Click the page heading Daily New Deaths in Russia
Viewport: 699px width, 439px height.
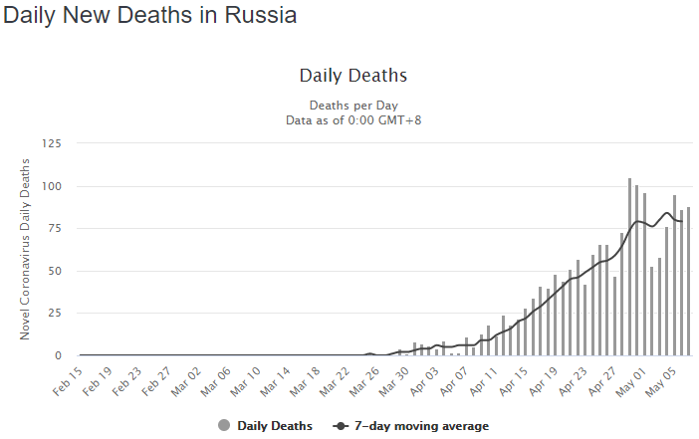pos(150,17)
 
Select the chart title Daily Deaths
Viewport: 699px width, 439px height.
pos(352,76)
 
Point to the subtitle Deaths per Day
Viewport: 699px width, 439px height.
pos(352,105)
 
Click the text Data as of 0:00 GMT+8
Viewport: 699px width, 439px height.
pos(352,119)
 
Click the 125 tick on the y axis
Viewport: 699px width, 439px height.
pos(49,144)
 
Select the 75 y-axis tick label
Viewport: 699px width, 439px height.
pos(52,229)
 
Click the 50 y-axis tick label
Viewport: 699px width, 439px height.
pos(52,271)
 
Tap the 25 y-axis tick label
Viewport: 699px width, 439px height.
pos(52,314)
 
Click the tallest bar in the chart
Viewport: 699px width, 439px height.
pos(629,267)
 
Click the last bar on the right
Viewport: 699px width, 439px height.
pos(688,282)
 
